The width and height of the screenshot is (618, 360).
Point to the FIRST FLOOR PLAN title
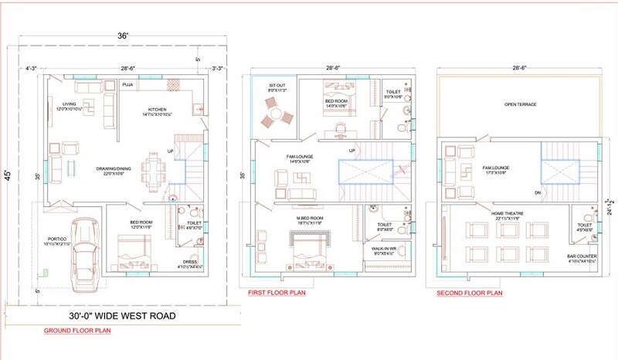click(x=276, y=294)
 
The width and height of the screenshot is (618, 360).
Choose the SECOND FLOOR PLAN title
click(x=470, y=294)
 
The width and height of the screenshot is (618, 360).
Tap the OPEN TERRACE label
click(x=521, y=104)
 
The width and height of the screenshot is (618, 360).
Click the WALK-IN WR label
click(x=384, y=250)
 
